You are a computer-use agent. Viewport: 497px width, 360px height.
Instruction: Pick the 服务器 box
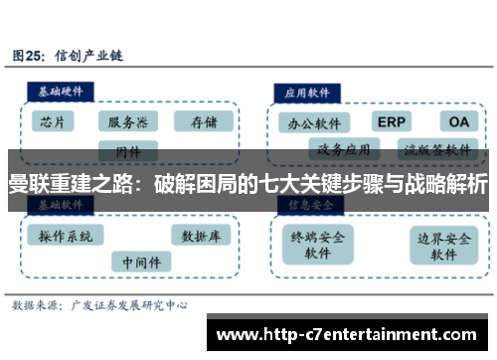pyautogui.click(x=128, y=121)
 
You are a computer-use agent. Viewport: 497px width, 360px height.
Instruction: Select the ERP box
pyautogui.click(x=393, y=121)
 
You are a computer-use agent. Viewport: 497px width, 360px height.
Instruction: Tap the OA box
pyautogui.click(x=458, y=121)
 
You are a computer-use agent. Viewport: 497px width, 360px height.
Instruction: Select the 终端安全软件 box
pyautogui.click(x=318, y=245)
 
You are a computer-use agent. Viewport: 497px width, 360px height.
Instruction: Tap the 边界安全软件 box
pyautogui.click(x=443, y=245)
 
